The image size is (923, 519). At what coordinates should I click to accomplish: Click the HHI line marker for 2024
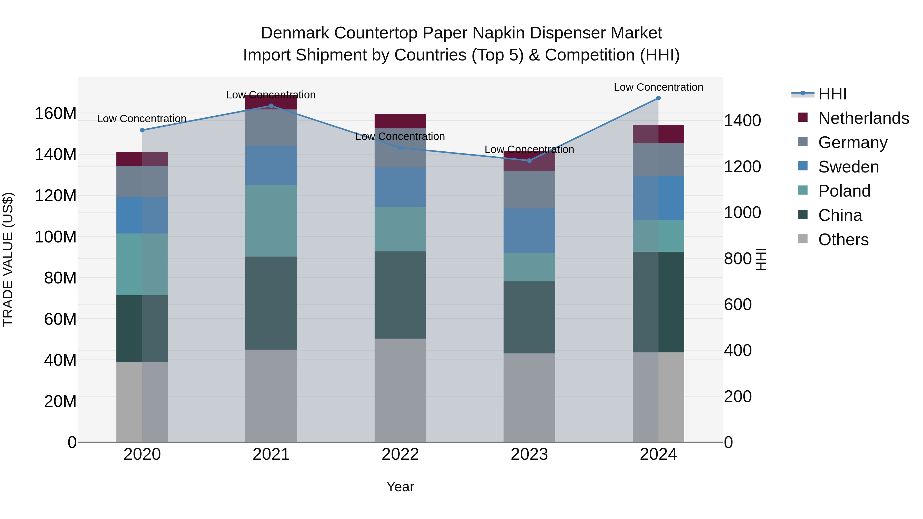[658, 98]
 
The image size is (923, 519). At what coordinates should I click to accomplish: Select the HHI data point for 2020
[142, 130]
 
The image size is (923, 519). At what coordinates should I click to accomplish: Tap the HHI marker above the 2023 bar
[529, 160]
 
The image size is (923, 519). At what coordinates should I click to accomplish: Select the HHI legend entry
[832, 94]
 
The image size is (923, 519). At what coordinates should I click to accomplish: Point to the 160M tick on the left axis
[56, 114]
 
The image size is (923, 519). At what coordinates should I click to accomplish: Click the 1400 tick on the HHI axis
[742, 120]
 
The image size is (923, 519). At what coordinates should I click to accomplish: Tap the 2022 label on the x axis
[400, 454]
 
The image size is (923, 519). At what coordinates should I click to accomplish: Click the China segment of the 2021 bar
[271, 303]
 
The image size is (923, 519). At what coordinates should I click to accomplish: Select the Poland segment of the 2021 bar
[271, 221]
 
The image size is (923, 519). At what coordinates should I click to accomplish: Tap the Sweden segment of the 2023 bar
[529, 231]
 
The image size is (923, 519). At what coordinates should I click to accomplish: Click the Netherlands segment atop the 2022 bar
[400, 121]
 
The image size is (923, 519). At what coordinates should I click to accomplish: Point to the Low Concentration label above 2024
[658, 87]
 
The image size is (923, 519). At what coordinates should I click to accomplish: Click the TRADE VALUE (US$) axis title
[8, 259]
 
